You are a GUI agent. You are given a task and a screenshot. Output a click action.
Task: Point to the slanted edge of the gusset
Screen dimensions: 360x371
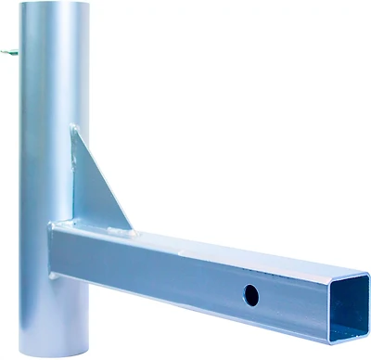click(107, 181)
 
